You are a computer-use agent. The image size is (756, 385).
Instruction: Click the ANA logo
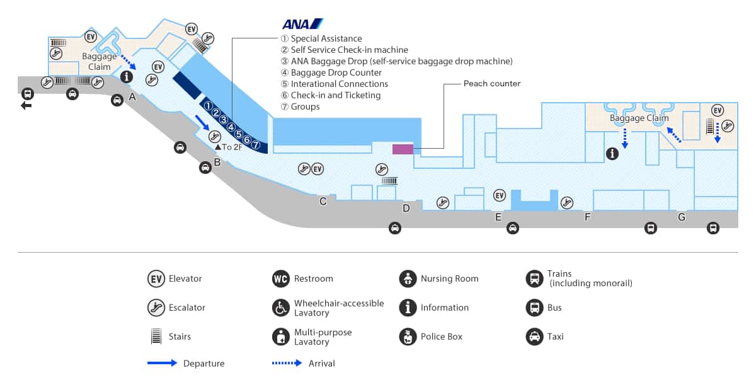302,24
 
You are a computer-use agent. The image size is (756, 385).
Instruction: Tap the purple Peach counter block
403,149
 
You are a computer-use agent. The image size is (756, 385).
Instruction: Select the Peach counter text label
492,83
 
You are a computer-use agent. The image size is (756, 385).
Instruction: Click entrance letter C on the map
323,202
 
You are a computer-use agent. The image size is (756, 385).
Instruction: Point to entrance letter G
681,217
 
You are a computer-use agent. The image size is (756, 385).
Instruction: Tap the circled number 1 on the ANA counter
208,105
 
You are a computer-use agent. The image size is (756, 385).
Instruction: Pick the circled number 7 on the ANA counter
256,144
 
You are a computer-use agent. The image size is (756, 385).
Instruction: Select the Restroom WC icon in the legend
280,279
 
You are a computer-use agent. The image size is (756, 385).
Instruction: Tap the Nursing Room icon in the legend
408,279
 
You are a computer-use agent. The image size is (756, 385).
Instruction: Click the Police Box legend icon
408,336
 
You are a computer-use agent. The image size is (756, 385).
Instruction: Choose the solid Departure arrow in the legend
163,363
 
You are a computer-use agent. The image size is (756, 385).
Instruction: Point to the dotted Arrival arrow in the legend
287,363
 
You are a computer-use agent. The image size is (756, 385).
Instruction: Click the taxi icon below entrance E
513,228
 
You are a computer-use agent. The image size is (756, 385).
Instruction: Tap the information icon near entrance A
127,77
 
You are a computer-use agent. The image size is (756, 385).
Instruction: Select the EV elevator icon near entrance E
500,195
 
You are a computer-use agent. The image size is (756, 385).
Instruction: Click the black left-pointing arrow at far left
26,105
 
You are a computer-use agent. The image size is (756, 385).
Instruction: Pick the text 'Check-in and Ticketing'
335,95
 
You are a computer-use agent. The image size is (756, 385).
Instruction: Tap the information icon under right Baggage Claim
612,153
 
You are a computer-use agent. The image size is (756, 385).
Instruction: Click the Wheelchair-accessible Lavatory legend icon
280,307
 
